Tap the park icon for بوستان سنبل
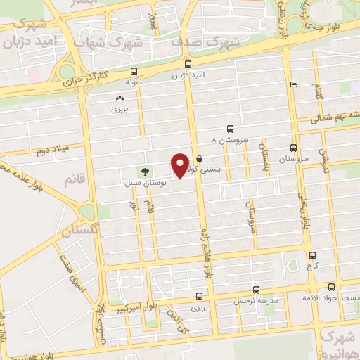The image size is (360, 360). [145, 171]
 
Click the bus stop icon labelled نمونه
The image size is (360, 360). [134, 71]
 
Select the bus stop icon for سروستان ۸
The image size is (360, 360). [230, 129]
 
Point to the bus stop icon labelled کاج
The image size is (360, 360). [312, 255]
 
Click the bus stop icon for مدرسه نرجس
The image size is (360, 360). [255, 289]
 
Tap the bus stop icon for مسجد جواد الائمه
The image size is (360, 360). [331, 287]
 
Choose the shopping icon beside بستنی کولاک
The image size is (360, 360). [200, 158]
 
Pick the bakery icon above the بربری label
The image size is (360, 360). [118, 98]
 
